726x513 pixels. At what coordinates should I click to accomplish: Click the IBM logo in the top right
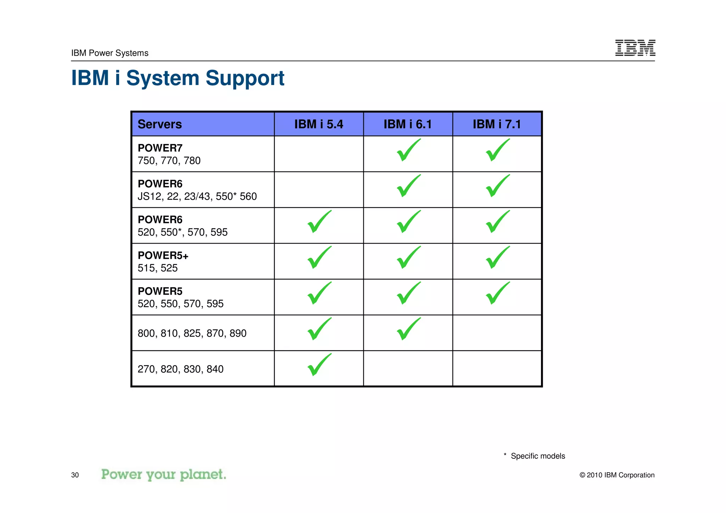coord(635,48)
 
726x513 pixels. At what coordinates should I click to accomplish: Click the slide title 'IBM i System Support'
coord(178,78)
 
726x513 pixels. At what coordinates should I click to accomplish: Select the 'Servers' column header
coord(160,124)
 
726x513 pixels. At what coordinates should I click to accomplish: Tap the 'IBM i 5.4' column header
coord(318,124)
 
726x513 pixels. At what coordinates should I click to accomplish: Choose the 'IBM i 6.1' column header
coord(408,124)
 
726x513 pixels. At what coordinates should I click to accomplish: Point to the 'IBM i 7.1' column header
coord(497,124)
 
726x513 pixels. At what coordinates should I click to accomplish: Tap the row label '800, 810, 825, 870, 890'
coord(192,333)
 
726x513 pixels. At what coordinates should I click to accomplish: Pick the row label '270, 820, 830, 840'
coord(180,369)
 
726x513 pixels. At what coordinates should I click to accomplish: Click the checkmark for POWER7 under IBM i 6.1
coord(408,150)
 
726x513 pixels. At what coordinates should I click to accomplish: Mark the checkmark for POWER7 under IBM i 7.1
coord(497,150)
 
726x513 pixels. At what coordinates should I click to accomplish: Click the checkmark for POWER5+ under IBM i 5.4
coord(319,258)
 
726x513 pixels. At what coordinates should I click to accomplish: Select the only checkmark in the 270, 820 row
coord(319,365)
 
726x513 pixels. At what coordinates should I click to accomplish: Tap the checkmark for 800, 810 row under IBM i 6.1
coord(408,329)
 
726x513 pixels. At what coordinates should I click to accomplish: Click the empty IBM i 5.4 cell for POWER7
coord(319,154)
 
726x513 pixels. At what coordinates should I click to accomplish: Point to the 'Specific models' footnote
coord(537,456)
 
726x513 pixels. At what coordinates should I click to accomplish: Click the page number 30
coord(75,475)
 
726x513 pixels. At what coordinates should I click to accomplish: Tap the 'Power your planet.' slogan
coord(163,474)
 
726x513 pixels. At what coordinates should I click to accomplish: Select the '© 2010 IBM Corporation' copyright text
coord(617,475)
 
